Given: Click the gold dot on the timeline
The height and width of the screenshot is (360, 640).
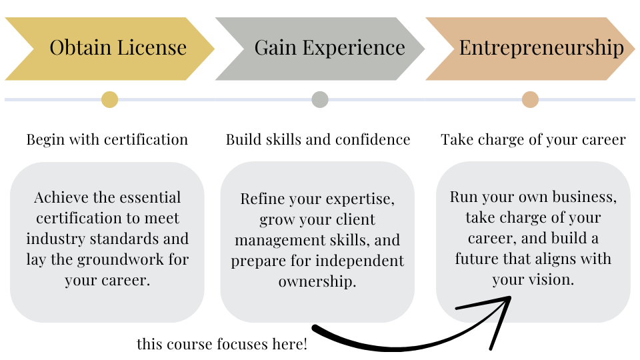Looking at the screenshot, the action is pyautogui.click(x=110, y=99).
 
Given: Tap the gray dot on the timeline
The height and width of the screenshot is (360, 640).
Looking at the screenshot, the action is pyautogui.click(x=320, y=99).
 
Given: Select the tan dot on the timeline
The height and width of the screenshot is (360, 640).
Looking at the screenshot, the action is pyautogui.click(x=530, y=99).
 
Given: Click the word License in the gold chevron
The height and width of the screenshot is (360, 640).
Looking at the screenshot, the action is pyautogui.click(x=152, y=47).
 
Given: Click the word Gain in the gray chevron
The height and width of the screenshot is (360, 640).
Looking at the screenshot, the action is pyautogui.click(x=275, y=47).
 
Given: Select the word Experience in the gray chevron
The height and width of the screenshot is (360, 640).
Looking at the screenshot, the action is pyautogui.click(x=354, y=49).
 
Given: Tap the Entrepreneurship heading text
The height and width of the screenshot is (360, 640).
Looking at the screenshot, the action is pyautogui.click(x=541, y=49).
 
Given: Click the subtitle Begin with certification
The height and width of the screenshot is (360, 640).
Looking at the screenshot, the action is pyautogui.click(x=107, y=140).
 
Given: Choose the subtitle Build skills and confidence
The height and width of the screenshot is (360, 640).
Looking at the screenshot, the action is pyautogui.click(x=318, y=139).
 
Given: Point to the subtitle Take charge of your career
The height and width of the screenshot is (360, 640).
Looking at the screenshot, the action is pyautogui.click(x=533, y=140).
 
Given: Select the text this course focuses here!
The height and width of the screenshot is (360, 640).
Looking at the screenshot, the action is pyautogui.click(x=222, y=344).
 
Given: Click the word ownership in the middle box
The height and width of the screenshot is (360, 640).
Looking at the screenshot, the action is pyautogui.click(x=317, y=282).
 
